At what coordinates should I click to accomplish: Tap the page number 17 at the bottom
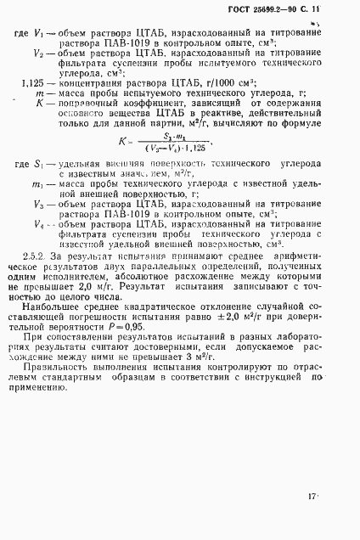pos(312,495)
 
